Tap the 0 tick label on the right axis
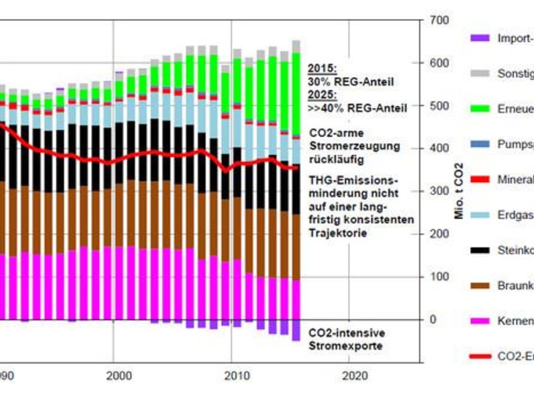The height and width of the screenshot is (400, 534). coord(432,319)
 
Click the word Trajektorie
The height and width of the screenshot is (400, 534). coord(338,233)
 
